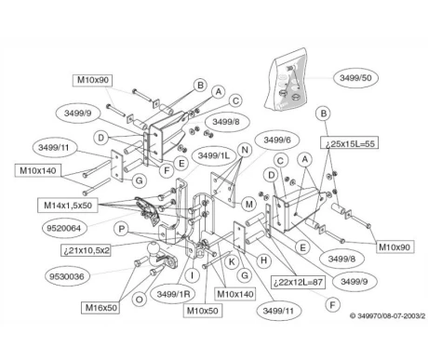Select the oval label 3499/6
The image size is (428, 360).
(x=276, y=140)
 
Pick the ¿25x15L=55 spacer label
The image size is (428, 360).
(x=350, y=146)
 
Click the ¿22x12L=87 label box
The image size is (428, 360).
(x=300, y=282)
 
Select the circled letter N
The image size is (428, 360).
(x=244, y=149)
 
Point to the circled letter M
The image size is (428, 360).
(x=248, y=203)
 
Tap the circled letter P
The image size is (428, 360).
(x=122, y=227)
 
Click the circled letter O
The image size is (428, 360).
(x=139, y=300)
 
